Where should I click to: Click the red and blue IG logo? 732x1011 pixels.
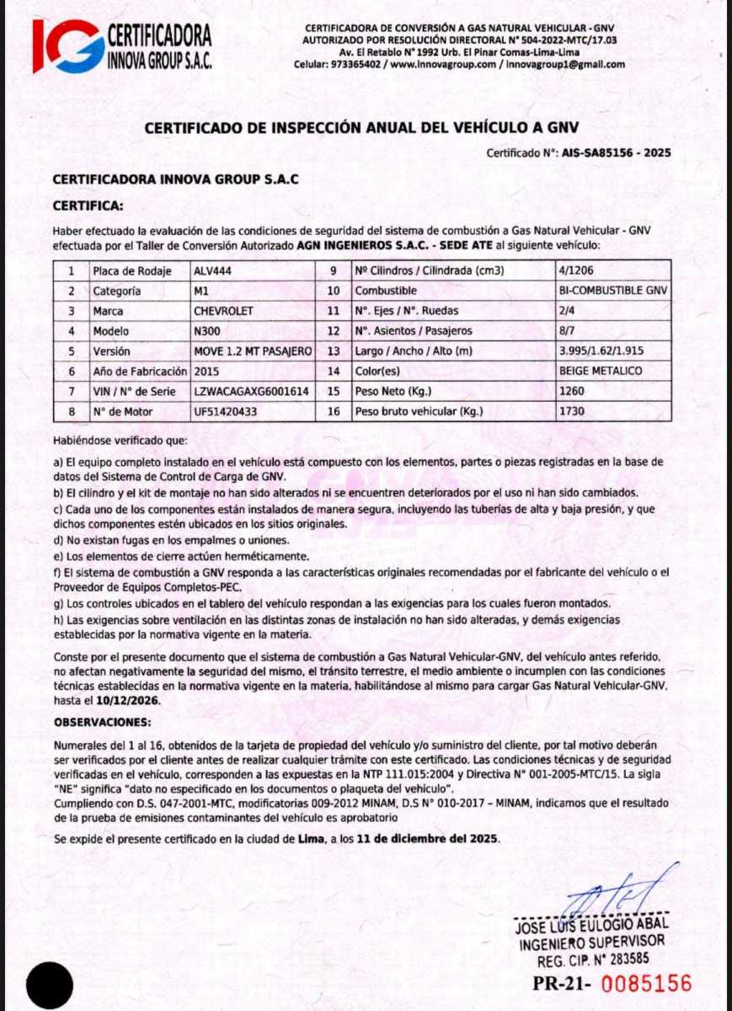(67, 45)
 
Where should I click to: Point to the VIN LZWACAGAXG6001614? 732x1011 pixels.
(251, 391)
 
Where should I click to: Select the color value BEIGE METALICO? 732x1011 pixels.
(601, 371)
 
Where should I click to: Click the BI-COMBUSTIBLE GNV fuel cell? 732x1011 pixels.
(612, 291)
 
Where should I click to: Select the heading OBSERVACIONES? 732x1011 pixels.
(103, 723)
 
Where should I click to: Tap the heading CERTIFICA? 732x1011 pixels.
(88, 205)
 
